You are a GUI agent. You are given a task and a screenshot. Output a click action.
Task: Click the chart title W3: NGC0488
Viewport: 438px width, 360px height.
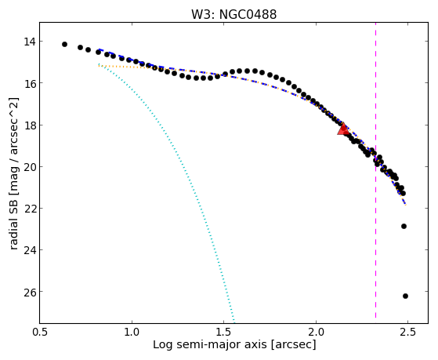233,14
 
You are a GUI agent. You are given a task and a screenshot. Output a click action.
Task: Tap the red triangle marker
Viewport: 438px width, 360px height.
343,129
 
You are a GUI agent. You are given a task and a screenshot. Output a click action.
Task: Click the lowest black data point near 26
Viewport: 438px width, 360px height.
405,296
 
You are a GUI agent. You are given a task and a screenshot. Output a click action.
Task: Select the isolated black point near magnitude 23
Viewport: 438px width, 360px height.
404,226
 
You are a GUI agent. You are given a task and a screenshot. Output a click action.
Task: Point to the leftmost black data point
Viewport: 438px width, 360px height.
64,44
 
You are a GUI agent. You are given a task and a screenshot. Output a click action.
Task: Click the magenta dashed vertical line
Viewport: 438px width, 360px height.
375,170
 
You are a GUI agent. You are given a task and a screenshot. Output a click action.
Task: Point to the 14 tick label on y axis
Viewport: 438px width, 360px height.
30,42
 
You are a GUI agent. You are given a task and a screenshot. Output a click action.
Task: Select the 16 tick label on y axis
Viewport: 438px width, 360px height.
30,83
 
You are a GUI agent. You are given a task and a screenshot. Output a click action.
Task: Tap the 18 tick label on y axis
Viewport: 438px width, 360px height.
30,125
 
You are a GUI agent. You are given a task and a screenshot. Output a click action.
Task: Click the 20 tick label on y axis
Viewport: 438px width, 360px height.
30,167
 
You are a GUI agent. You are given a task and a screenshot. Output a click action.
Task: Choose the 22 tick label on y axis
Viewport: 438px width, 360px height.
30,209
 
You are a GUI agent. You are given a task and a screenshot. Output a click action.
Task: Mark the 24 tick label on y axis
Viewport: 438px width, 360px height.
30,250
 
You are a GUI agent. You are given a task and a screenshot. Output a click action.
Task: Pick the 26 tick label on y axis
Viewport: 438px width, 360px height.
30,292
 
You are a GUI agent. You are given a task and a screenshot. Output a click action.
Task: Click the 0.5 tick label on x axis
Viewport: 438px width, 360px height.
40,333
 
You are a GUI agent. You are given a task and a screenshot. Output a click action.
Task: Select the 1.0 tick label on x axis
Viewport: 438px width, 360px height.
132,333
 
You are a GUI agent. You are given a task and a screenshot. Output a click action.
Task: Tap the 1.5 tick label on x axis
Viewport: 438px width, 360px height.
224,333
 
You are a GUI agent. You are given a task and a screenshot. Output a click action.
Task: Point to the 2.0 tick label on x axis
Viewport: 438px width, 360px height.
316,333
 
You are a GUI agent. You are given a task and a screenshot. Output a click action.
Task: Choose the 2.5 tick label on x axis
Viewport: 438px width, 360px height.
407,333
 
